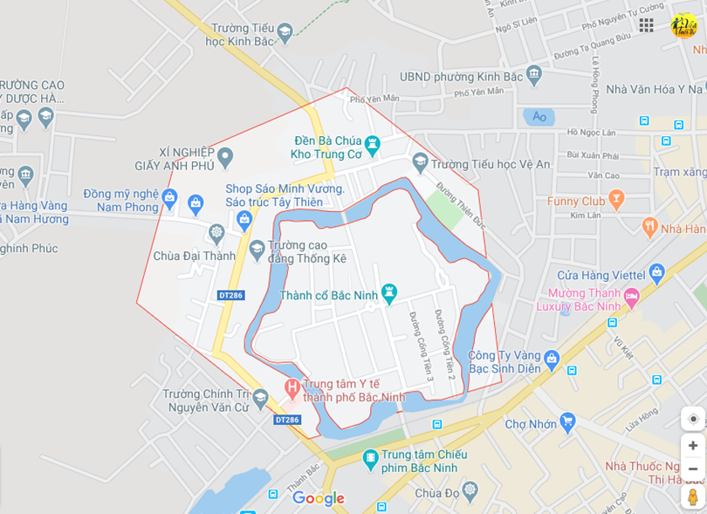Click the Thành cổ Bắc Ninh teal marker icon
click(x=389, y=292)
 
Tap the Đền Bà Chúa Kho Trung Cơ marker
click(x=373, y=143)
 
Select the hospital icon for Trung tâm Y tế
click(x=292, y=387)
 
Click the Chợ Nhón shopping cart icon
click(x=567, y=423)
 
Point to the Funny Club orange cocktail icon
click(x=616, y=201)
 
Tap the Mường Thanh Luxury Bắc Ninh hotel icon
click(x=631, y=298)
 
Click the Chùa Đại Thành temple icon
click(x=216, y=233)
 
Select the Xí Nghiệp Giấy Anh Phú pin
click(x=225, y=158)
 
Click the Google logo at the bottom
click(x=318, y=498)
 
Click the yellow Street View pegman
click(x=693, y=497)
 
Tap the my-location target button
click(x=693, y=419)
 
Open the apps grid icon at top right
click(x=646, y=24)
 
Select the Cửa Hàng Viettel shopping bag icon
click(x=657, y=275)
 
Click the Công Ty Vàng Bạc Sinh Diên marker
click(x=551, y=358)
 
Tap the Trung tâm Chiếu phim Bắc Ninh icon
click(x=371, y=457)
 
